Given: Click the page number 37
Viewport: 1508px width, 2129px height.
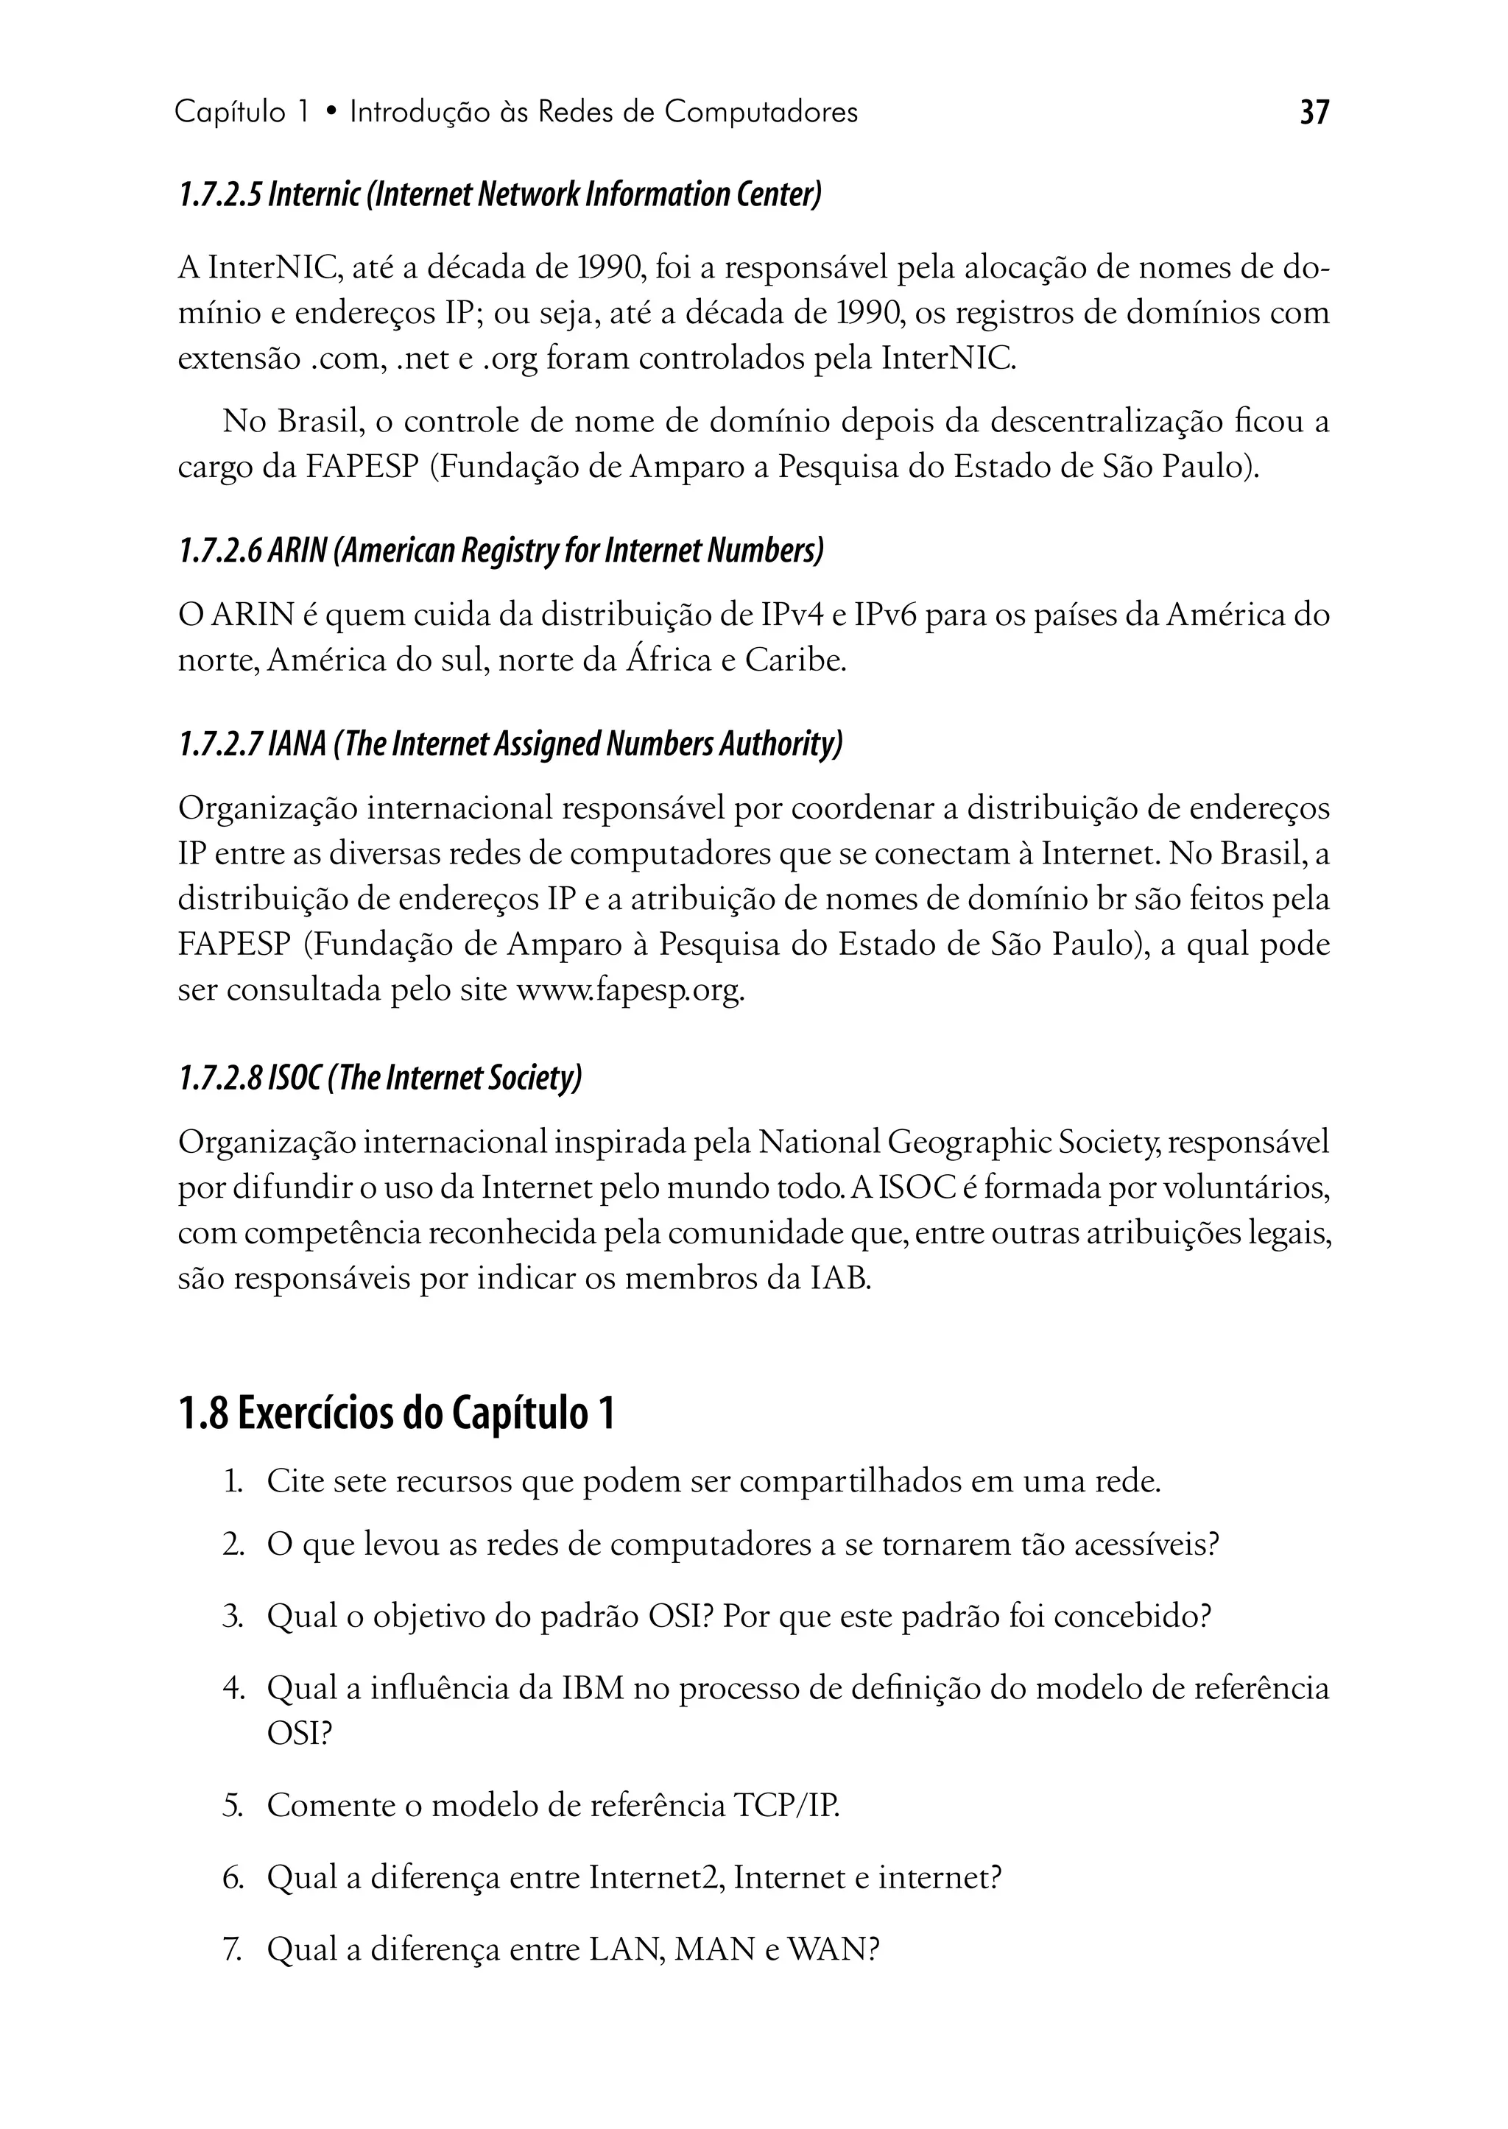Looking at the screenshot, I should click(1314, 113).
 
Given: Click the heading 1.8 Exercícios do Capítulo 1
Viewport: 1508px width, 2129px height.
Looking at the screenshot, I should click(395, 1414).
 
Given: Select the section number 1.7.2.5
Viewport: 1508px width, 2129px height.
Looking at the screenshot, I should click(219, 195).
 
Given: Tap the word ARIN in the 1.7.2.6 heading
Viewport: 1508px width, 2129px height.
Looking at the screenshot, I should click(297, 551).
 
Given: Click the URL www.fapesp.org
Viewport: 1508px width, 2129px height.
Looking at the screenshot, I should click(630, 991).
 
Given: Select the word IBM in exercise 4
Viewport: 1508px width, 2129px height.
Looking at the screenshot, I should click(593, 1687).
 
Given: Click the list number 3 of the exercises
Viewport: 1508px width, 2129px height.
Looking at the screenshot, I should click(231, 1617).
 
